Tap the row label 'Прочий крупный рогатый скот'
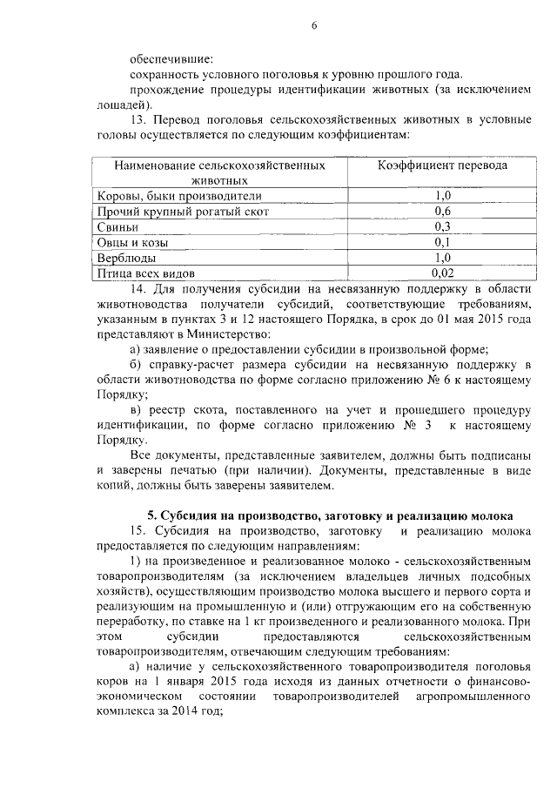tap(183, 212)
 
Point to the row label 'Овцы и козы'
tap(131, 243)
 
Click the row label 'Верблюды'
tap(126, 259)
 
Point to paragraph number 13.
tap(137, 119)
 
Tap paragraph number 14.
tap(137, 289)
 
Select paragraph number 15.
tap(137, 532)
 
